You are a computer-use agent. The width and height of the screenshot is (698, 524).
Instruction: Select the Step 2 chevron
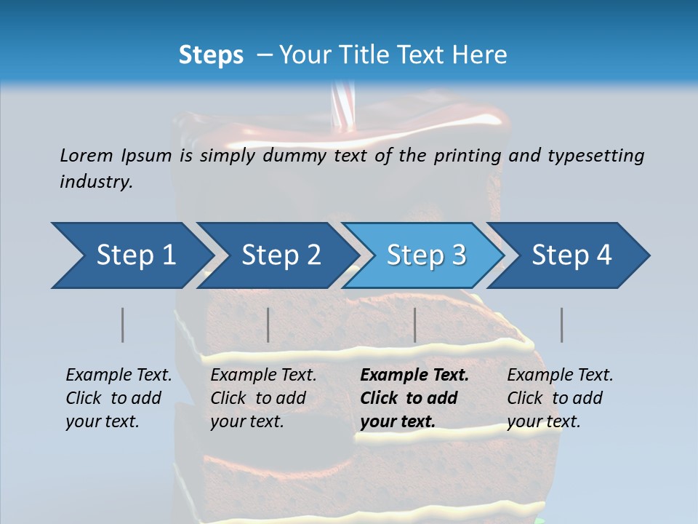pyautogui.click(x=280, y=255)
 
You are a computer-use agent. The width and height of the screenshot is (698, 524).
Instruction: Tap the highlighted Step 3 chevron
pyautogui.click(x=425, y=255)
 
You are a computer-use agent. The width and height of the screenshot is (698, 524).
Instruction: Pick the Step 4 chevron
pyautogui.click(x=571, y=255)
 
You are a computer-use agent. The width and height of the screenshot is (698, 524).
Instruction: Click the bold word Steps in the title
pyautogui.click(x=211, y=55)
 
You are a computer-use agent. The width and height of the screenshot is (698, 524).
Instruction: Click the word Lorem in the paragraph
pyautogui.click(x=86, y=155)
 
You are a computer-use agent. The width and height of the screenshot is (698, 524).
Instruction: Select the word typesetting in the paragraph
pyautogui.click(x=595, y=155)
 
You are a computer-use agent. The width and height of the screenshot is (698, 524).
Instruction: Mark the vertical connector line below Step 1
pyautogui.click(x=122, y=325)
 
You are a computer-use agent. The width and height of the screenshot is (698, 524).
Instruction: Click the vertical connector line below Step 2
pyautogui.click(x=268, y=325)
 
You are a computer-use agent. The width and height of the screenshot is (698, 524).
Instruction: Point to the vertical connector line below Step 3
pyautogui.click(x=414, y=325)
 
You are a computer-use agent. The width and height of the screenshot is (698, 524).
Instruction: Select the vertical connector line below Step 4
pyautogui.click(x=561, y=325)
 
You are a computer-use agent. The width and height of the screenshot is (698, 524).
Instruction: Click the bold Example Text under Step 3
pyautogui.click(x=414, y=376)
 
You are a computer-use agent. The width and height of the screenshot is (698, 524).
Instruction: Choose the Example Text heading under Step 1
pyautogui.click(x=119, y=376)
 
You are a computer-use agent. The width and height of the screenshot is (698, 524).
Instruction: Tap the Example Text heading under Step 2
pyautogui.click(x=263, y=376)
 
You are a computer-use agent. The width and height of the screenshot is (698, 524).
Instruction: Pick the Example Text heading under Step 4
pyautogui.click(x=560, y=376)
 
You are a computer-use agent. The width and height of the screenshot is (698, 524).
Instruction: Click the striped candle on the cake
pyautogui.click(x=340, y=106)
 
